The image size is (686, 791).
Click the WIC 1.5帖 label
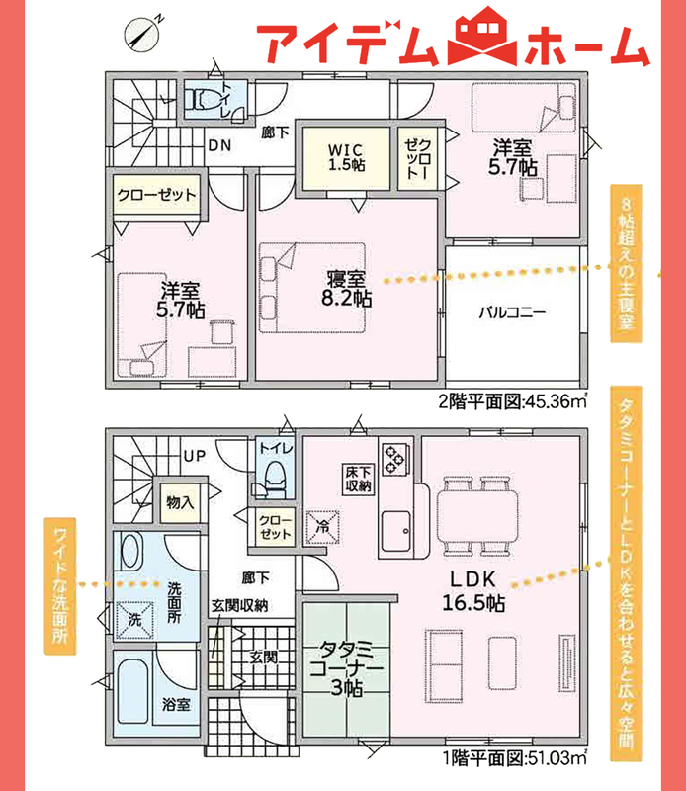click(x=347, y=157)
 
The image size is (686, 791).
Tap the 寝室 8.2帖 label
click(x=347, y=288)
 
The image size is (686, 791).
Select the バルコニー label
click(x=512, y=312)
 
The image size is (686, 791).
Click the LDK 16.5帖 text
click(x=473, y=590)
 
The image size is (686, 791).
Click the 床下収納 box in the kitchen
click(x=359, y=479)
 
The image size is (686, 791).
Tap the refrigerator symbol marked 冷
click(x=322, y=527)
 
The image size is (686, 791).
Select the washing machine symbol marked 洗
click(x=134, y=620)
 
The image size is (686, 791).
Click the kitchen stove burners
click(x=395, y=459)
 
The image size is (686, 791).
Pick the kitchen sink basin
click(x=396, y=531)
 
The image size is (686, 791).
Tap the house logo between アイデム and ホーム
click(x=482, y=37)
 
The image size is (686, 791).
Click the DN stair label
click(x=219, y=145)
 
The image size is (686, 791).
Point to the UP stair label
click(x=195, y=456)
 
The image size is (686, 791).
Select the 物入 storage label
click(x=180, y=502)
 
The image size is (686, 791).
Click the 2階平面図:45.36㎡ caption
click(x=512, y=401)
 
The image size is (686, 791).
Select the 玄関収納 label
click(x=239, y=606)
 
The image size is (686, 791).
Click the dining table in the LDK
click(x=477, y=516)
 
